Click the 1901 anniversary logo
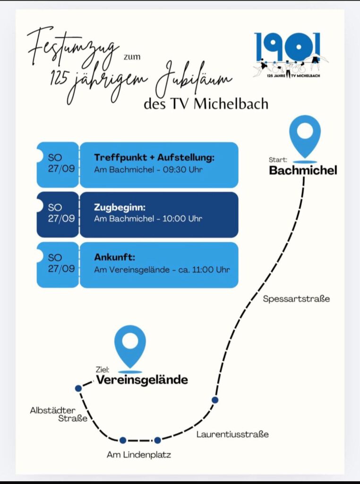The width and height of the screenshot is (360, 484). (290, 54)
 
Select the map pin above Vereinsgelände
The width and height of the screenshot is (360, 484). (130, 347)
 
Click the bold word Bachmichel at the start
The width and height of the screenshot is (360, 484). (303, 170)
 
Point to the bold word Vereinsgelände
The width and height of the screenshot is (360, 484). (142, 380)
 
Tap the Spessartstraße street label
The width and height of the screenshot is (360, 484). (296, 299)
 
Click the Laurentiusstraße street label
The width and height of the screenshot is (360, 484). (232, 434)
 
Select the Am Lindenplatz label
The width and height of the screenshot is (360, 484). (139, 455)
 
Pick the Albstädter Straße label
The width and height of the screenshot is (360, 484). (59, 415)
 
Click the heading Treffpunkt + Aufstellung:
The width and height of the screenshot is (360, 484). (154, 157)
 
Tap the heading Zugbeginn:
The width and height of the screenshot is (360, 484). (120, 207)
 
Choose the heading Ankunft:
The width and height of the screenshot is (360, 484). (114, 257)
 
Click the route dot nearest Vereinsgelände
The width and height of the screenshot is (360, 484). (78, 389)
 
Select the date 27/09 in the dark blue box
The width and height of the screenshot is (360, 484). (61, 218)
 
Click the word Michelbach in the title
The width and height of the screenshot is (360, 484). (231, 104)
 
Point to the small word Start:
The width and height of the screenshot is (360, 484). (278, 160)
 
